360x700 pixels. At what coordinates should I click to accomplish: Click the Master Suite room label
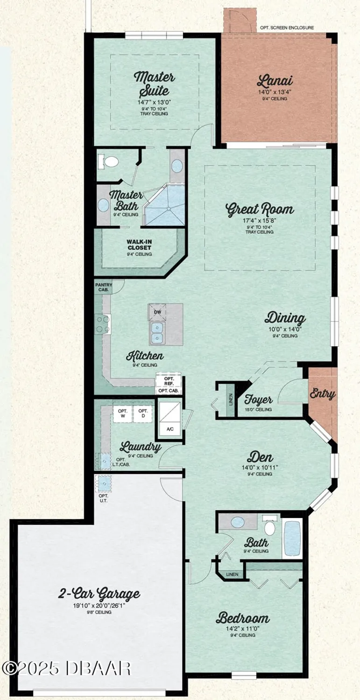[154, 83]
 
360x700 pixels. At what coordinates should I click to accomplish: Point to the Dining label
[285, 319]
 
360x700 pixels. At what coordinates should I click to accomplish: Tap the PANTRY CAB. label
[103, 287]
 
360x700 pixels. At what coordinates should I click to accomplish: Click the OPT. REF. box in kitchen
[169, 380]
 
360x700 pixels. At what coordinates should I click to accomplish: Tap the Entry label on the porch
[322, 394]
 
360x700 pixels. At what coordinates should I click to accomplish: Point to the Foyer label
[258, 400]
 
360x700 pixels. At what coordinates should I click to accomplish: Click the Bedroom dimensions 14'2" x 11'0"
[242, 628]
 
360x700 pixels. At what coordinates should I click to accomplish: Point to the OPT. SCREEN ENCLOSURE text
[287, 28]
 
